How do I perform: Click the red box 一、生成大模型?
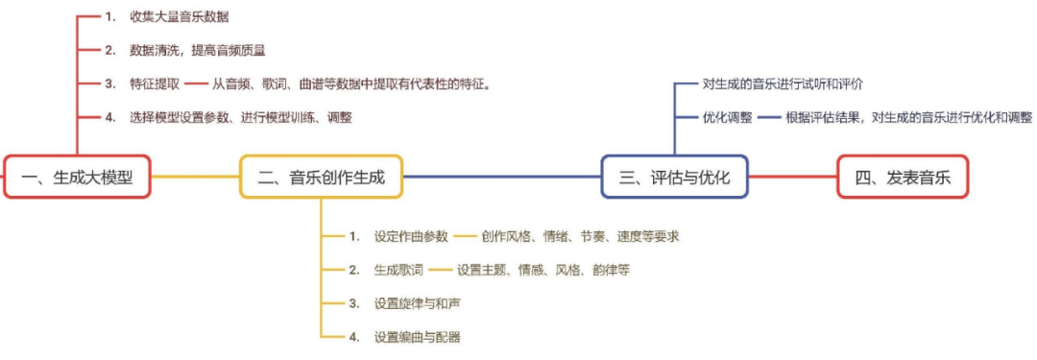(x=78, y=178)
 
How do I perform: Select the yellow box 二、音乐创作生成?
(x=321, y=178)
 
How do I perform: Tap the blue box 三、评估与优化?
(x=675, y=178)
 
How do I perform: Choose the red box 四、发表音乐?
(x=903, y=178)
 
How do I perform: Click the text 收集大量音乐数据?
(x=180, y=18)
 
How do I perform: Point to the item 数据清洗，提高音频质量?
(x=198, y=50)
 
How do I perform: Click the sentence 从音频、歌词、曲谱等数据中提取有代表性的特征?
(x=351, y=84)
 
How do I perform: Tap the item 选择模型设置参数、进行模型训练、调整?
(x=241, y=118)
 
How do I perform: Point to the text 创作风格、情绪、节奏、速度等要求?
(x=581, y=236)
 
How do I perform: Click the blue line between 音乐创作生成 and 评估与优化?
(x=502, y=177)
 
